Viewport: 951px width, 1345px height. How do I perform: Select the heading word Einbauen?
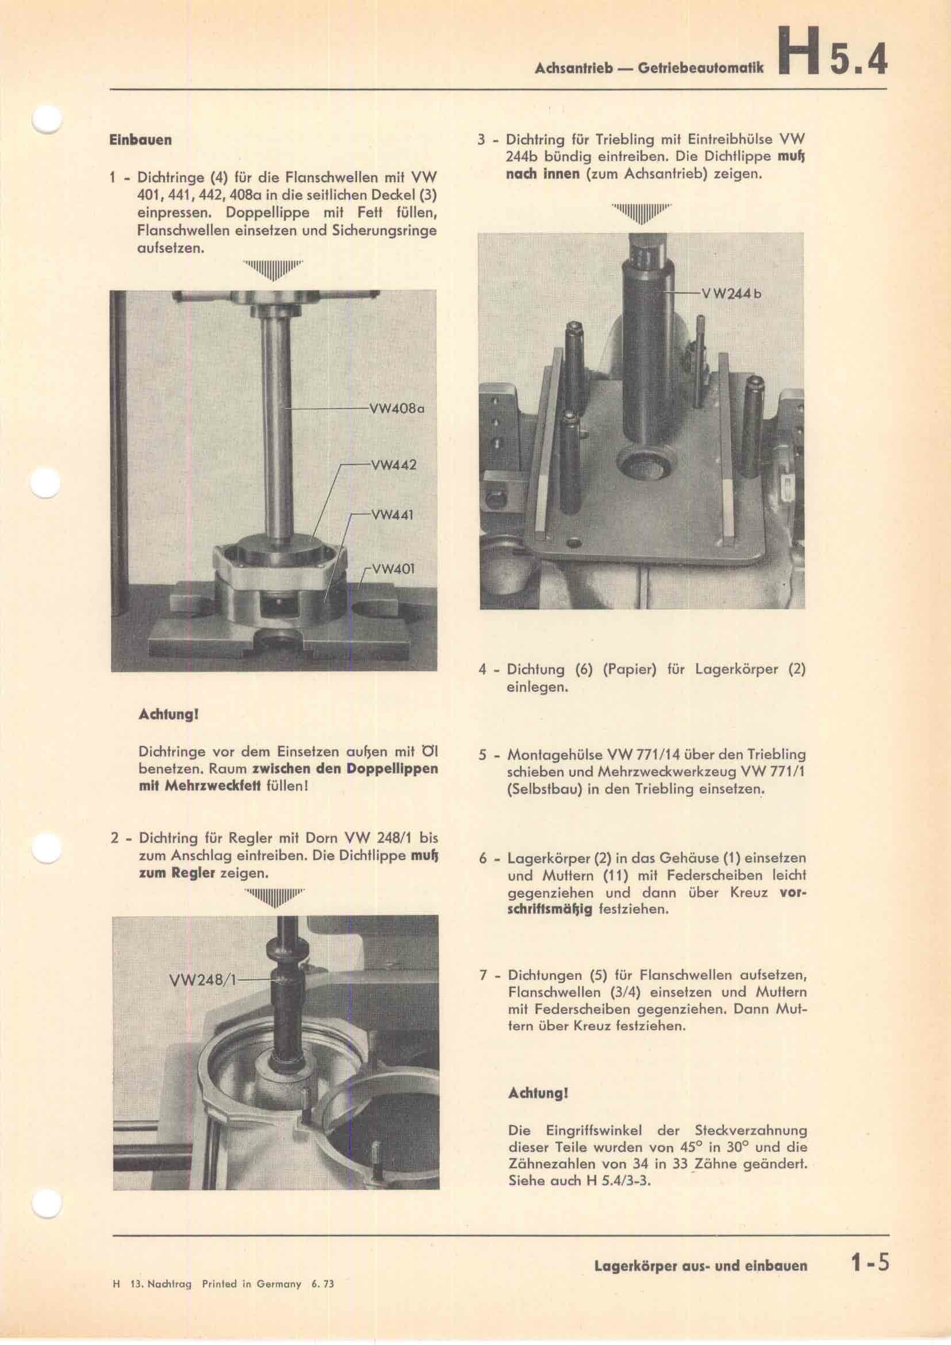click(140, 140)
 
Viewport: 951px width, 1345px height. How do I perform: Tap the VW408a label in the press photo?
click(396, 408)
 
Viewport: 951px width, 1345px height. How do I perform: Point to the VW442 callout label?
click(393, 465)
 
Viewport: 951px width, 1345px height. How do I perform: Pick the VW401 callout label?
click(392, 569)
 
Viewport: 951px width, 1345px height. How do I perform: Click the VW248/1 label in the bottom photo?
click(201, 979)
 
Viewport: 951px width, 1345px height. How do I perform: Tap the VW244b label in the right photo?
click(734, 293)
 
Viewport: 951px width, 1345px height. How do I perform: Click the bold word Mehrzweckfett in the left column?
click(200, 785)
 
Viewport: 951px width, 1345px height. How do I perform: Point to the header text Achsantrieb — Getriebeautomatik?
click(649, 68)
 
